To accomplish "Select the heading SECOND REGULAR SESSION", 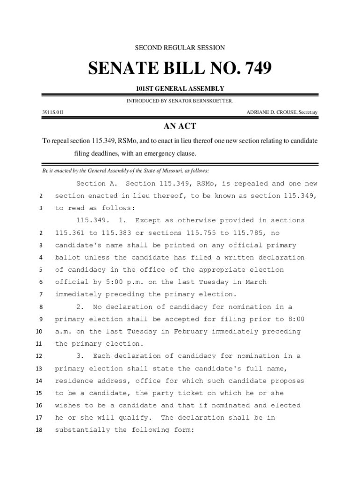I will coord(180,48).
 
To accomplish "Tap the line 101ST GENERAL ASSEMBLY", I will coord(180,88).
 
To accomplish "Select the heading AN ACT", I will coord(180,126).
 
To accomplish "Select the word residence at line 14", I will coord(74,381).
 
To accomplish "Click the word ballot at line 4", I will coord(67,258).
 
